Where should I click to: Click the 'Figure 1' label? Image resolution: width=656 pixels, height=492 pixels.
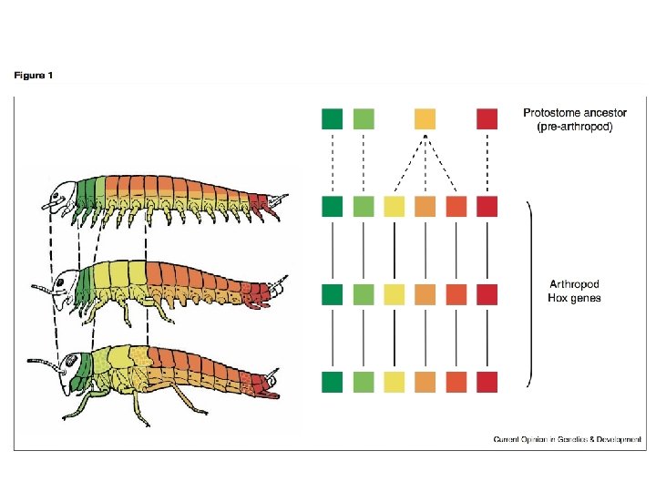[33, 76]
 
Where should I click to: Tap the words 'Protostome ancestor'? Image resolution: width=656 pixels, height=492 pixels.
[575, 113]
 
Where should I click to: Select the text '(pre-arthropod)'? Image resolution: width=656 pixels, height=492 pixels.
[575, 127]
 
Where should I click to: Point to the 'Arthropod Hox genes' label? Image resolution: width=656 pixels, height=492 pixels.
[574, 291]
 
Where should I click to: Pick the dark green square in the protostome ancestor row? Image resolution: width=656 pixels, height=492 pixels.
[333, 118]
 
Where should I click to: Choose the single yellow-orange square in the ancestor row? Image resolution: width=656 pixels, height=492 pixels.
[425, 118]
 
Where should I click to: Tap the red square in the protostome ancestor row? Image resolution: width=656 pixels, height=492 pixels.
[487, 118]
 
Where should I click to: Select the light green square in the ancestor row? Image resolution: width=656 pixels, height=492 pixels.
[364, 118]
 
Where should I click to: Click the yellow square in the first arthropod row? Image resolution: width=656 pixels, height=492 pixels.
[395, 208]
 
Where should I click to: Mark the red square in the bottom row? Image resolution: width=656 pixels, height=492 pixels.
[487, 382]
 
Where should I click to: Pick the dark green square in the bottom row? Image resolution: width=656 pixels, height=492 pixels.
[333, 382]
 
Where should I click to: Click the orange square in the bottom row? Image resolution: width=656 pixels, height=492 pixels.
[425, 382]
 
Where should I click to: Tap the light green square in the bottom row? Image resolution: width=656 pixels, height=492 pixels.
[364, 382]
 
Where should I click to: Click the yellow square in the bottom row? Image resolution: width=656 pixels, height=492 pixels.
[395, 382]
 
